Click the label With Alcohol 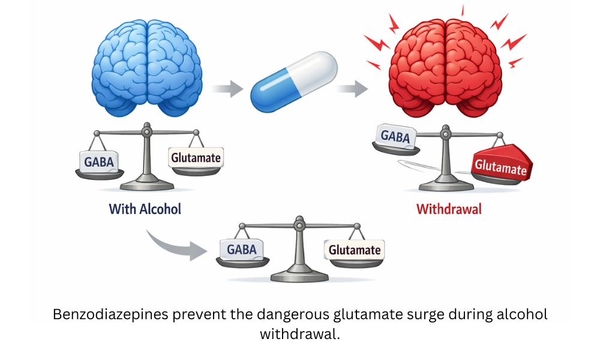(145, 209)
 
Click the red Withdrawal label (449, 209)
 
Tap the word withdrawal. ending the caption (299, 334)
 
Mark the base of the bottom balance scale (299, 277)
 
